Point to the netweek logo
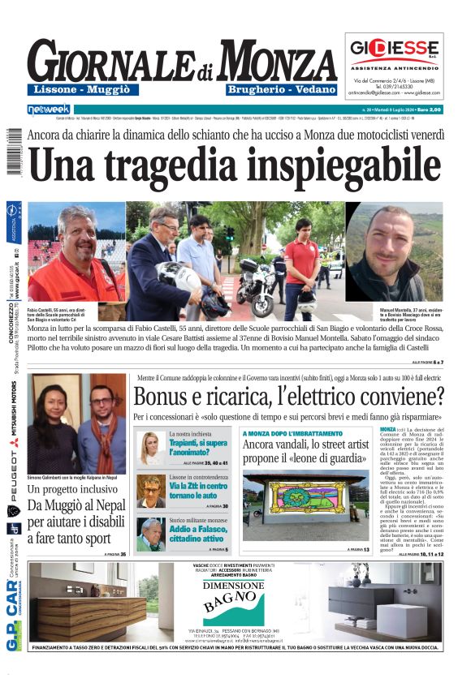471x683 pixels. (50, 108)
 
